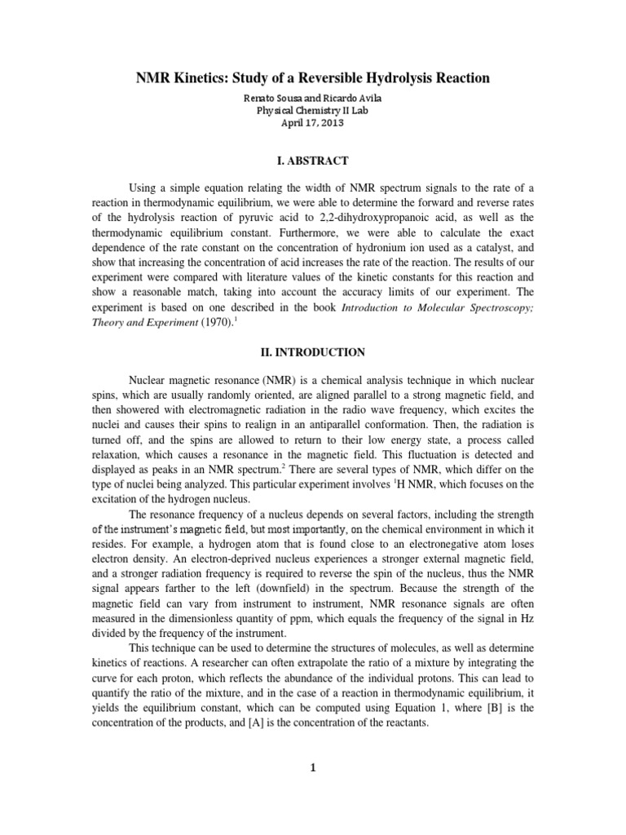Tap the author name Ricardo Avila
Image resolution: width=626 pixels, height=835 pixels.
click(352, 98)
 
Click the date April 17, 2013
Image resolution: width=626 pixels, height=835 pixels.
click(313, 123)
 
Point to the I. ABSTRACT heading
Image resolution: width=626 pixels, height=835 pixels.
click(313, 161)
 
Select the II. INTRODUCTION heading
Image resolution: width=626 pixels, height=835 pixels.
click(313, 352)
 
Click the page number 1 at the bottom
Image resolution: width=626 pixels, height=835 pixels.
click(313, 789)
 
